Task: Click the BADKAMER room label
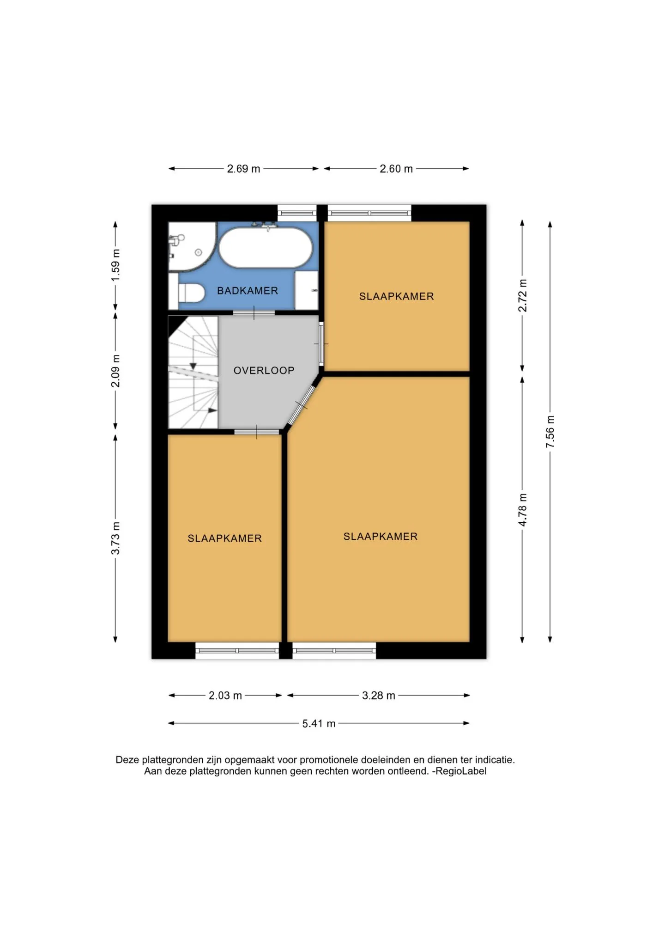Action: coord(248,291)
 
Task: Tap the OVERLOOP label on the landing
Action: coord(264,370)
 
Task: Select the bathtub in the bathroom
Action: coord(266,247)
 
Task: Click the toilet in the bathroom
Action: coord(191,293)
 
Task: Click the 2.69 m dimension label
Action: coord(243,169)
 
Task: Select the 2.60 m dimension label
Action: coord(396,169)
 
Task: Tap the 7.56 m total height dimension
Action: coord(550,431)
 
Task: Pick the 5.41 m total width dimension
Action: coord(319,723)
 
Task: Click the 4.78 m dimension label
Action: coord(522,509)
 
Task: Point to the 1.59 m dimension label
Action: coord(115,265)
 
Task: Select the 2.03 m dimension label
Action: coord(225,696)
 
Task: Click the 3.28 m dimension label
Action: coord(379,696)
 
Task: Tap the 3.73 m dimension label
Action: coord(115,538)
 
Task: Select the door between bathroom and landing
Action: coord(254,313)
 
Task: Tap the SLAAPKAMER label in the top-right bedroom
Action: coord(397,296)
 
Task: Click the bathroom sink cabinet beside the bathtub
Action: coord(306,290)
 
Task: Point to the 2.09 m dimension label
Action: coord(115,371)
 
